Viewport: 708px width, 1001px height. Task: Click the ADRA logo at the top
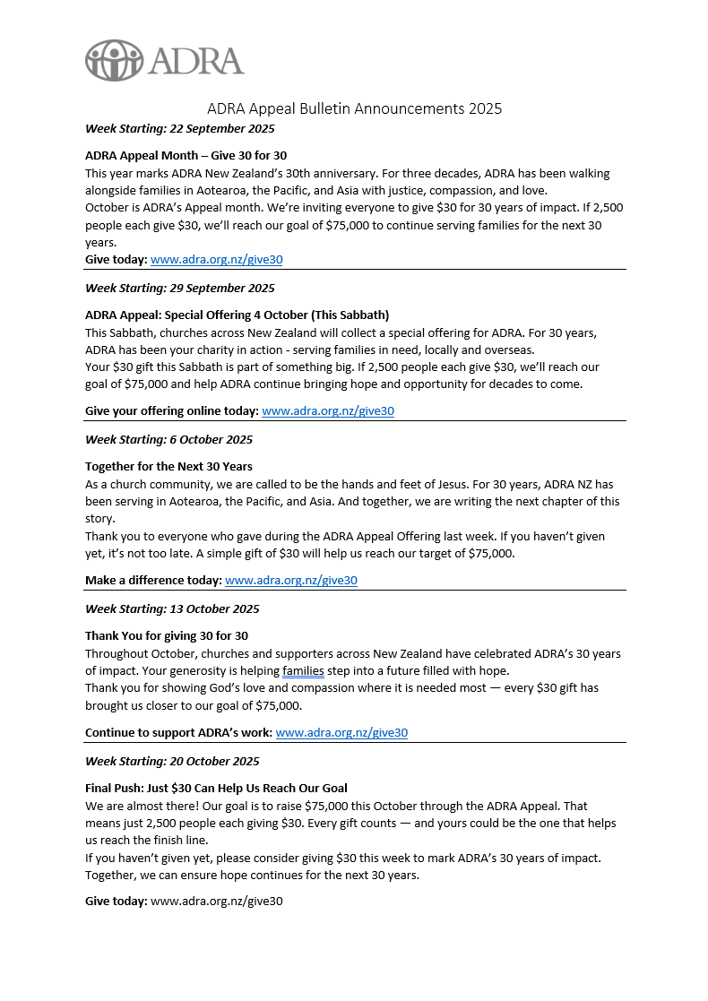pyautogui.click(x=164, y=60)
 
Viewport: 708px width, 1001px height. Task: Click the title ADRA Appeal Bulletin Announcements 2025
pyautogui.click(x=354, y=108)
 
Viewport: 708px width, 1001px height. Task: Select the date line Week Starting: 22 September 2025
pyautogui.click(x=179, y=128)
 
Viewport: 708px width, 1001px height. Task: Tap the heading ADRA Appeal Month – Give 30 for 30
pyautogui.click(x=186, y=155)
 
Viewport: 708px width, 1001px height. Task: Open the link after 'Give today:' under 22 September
pyautogui.click(x=216, y=260)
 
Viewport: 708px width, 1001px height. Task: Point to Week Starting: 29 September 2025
pyautogui.click(x=179, y=288)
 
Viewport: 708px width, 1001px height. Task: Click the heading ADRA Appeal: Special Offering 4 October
pyautogui.click(x=237, y=315)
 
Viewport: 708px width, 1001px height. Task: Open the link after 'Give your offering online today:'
pyautogui.click(x=327, y=411)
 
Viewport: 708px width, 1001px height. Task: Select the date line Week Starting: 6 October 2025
pyautogui.click(x=168, y=439)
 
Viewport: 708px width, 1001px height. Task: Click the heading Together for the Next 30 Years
pyautogui.click(x=168, y=466)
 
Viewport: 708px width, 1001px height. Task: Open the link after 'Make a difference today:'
pyautogui.click(x=290, y=581)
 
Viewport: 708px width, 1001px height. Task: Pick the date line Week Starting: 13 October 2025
pyautogui.click(x=172, y=608)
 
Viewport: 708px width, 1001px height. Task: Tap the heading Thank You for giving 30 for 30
pyautogui.click(x=167, y=635)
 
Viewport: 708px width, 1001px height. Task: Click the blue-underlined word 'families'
pyautogui.click(x=303, y=670)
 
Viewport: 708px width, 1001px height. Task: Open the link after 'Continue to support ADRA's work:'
pyautogui.click(x=341, y=732)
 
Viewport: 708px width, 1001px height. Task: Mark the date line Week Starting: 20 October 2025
pyautogui.click(x=172, y=761)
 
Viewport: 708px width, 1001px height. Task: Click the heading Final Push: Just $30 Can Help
pyautogui.click(x=216, y=788)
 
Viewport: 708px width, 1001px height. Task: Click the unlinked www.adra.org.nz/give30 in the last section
pyautogui.click(x=216, y=901)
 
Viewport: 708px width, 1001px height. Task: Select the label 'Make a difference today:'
pyautogui.click(x=153, y=581)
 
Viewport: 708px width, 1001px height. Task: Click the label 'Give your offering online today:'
pyautogui.click(x=171, y=411)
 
